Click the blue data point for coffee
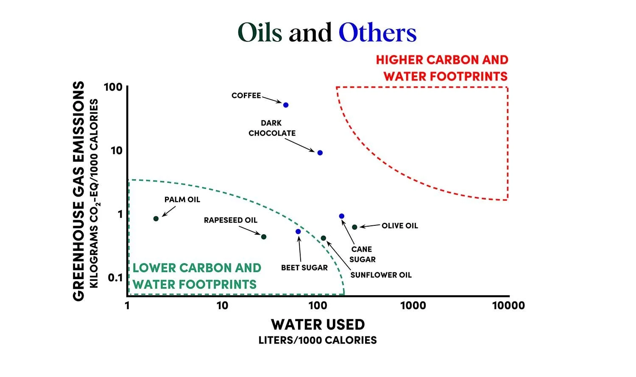(286, 105)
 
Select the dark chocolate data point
(320, 153)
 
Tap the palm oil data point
(156, 219)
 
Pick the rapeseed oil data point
(264, 237)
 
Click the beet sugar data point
(298, 232)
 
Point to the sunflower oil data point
(324, 238)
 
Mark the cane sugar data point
(342, 216)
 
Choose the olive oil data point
(354, 227)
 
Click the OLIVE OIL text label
(399, 226)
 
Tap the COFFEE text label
(246, 96)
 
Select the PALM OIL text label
(182, 200)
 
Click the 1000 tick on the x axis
(413, 305)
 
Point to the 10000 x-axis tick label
(508, 305)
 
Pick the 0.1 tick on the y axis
(115, 278)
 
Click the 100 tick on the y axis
(113, 87)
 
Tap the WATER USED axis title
(318, 325)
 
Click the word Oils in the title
(259, 33)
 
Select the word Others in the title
(377, 33)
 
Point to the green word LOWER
(154, 268)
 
